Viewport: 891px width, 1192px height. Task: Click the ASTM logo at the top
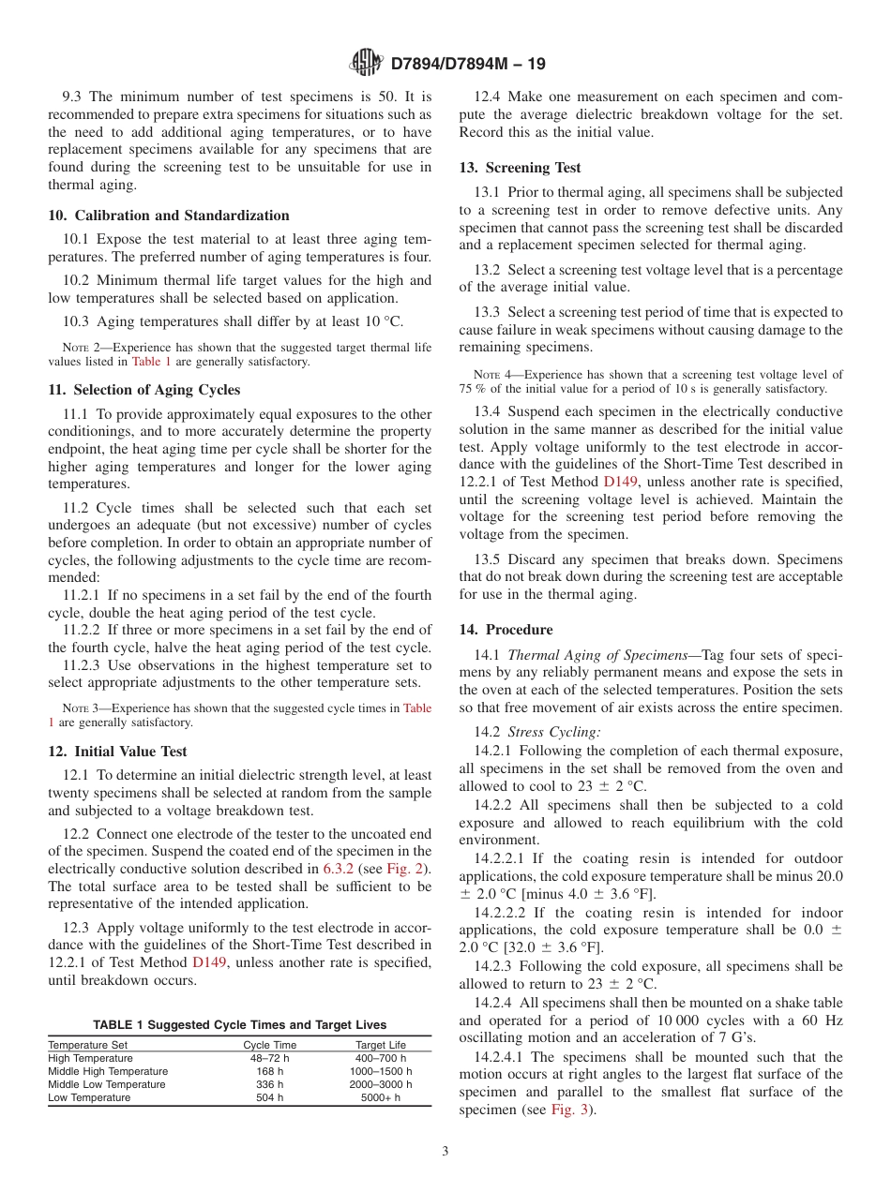click(365, 63)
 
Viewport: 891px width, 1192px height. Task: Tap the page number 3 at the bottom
click(445, 1152)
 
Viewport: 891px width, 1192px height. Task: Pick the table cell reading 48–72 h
click(269, 1058)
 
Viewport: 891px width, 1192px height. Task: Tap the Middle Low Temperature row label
click(107, 1084)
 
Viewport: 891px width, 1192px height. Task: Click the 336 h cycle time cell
click(269, 1084)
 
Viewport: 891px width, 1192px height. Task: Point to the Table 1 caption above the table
click(239, 1024)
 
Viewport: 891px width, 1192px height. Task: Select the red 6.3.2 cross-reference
click(340, 869)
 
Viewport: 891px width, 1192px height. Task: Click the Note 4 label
click(493, 375)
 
